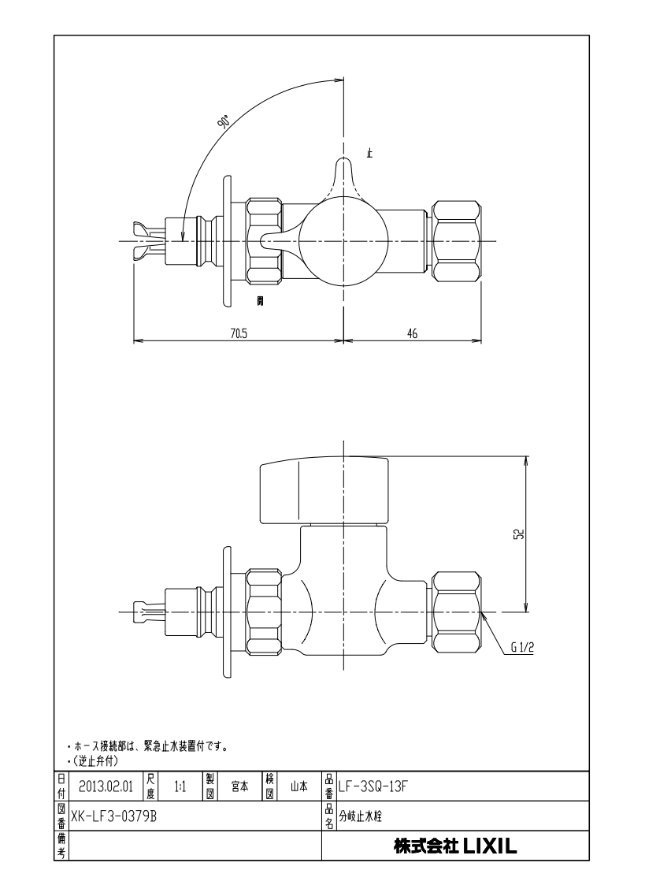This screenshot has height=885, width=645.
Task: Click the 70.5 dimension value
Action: click(x=239, y=333)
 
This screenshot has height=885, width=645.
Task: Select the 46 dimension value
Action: click(x=412, y=333)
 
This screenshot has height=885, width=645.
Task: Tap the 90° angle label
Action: click(x=224, y=122)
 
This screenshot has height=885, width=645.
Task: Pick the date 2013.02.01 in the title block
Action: click(x=106, y=786)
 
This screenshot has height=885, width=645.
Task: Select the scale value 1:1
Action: click(x=181, y=786)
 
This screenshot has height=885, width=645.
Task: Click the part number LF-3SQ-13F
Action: click(x=373, y=786)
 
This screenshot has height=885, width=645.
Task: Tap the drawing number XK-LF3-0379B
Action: click(x=113, y=816)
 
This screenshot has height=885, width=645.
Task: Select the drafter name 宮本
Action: click(x=240, y=786)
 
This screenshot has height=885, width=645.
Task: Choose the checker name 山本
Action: click(x=298, y=786)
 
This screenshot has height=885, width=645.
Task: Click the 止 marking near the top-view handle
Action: click(x=370, y=152)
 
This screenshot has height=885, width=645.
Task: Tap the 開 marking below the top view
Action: click(x=260, y=301)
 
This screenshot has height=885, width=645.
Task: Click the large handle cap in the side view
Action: click(x=324, y=489)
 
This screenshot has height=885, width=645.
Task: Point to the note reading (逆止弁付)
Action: click(x=95, y=760)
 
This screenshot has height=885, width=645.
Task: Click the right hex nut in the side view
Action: click(x=457, y=612)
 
